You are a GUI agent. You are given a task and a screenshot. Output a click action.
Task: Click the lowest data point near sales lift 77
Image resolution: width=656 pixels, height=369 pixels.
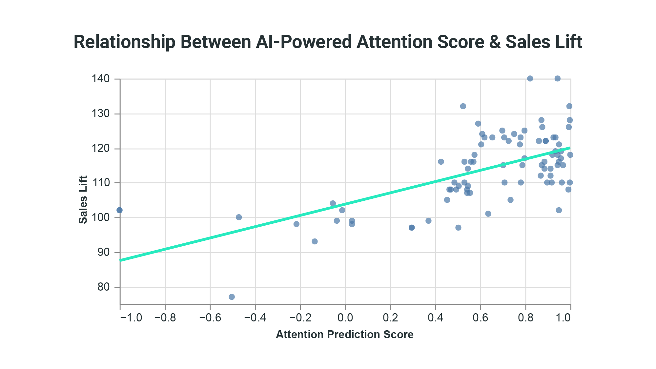(x=232, y=297)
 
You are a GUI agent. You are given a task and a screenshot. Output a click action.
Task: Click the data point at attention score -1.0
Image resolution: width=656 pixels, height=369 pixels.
(x=119, y=210)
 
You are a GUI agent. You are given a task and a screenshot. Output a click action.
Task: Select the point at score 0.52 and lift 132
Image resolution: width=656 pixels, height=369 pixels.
(x=463, y=106)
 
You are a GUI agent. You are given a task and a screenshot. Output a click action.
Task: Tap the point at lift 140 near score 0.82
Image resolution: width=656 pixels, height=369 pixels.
(x=530, y=79)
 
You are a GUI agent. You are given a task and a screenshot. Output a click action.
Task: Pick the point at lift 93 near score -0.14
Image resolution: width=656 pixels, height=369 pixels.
(x=315, y=241)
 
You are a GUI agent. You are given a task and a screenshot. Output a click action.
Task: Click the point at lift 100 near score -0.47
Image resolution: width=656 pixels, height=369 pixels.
(x=239, y=217)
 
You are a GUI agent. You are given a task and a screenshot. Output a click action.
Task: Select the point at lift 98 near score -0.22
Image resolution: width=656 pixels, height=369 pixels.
(x=297, y=224)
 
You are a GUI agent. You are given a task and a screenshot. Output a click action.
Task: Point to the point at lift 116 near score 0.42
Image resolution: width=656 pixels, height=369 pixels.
(x=441, y=162)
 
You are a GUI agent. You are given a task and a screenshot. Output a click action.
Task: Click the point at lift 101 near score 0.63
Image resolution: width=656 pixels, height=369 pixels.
(x=488, y=214)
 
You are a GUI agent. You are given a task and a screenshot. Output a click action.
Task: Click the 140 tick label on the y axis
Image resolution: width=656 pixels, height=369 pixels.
(x=101, y=79)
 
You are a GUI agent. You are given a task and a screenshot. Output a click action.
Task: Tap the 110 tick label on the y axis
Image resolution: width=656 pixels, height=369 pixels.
(x=101, y=183)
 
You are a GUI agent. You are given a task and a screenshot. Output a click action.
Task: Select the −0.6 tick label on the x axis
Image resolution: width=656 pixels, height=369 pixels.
(x=210, y=318)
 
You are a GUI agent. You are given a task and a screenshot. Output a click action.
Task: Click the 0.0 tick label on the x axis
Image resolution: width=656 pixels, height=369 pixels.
(x=345, y=318)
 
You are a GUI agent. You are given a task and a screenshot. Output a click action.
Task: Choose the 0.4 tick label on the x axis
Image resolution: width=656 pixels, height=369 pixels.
(x=435, y=318)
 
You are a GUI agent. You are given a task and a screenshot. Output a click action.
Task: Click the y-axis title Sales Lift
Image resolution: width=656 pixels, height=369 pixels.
(x=83, y=199)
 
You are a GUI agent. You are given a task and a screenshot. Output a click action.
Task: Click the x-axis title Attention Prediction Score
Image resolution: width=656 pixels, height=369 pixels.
(x=345, y=335)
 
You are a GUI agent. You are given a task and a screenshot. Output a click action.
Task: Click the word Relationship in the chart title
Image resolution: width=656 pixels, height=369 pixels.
(x=124, y=42)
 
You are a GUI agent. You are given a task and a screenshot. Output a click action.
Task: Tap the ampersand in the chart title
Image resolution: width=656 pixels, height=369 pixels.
(x=495, y=42)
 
